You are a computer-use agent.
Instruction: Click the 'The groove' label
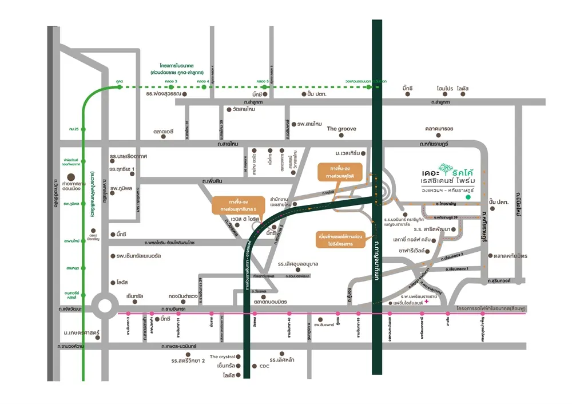pos(341,129)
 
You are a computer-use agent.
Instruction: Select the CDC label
pos(264,366)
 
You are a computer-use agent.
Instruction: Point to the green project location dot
pos(468,197)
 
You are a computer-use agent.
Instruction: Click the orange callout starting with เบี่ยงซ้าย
pos(341,239)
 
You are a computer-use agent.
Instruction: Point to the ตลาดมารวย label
pos(439,129)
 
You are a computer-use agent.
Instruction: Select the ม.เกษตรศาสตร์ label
pos(82,332)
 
